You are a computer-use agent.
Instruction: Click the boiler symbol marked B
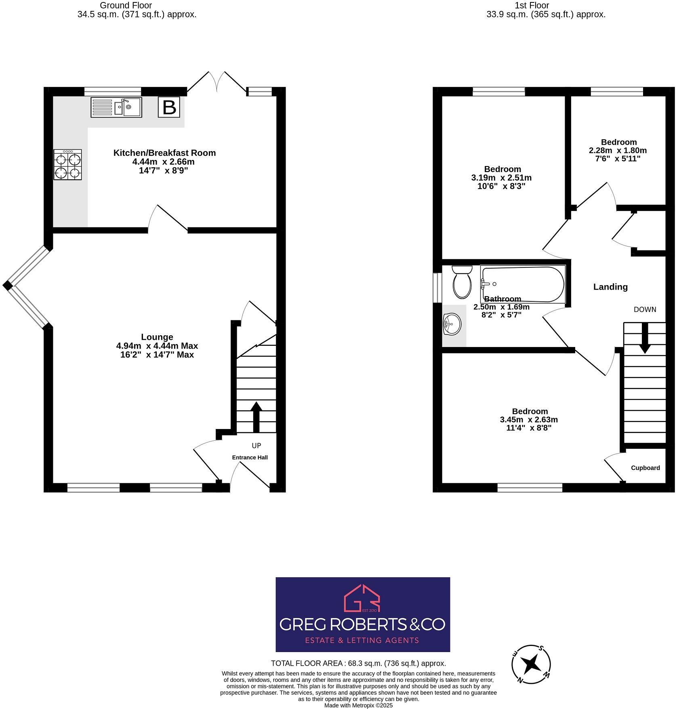[x=169, y=107]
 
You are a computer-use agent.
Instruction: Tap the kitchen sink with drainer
[x=116, y=107]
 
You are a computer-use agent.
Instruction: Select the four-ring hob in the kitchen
[x=68, y=164]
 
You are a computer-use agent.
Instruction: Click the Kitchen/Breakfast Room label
[x=164, y=153]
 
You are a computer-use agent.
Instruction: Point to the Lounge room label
[x=157, y=337]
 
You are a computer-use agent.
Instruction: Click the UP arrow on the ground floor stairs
[x=256, y=417]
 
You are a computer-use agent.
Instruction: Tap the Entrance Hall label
[x=250, y=457]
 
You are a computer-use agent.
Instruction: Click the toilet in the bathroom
[x=462, y=282]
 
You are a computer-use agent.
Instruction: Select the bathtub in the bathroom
[x=522, y=284]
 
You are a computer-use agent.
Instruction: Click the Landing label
[x=610, y=287]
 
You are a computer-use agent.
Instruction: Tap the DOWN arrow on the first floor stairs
[x=645, y=337]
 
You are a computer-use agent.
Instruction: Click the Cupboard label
[x=645, y=468]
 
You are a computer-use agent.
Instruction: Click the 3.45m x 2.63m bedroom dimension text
[x=528, y=420]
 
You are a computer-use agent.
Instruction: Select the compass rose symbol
[x=531, y=664]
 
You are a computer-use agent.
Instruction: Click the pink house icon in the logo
[x=362, y=598]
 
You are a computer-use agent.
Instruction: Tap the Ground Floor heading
[x=126, y=6]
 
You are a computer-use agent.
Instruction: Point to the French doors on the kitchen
[x=217, y=82]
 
